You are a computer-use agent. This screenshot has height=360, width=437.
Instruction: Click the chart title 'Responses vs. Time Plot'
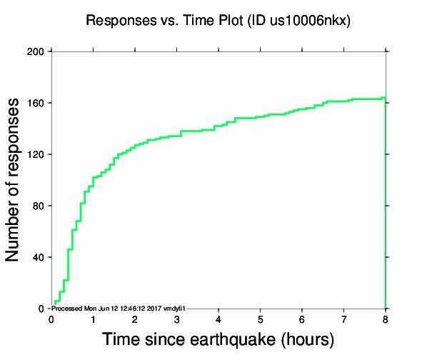click(x=165, y=21)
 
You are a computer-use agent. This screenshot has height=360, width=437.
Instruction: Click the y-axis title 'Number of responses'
click(x=14, y=180)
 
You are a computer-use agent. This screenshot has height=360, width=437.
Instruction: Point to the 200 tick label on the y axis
click(x=36, y=51)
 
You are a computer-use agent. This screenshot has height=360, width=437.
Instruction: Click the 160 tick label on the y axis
click(x=36, y=103)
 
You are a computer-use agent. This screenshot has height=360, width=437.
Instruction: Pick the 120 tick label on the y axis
click(x=36, y=154)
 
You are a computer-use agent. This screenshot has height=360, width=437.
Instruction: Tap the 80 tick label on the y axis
click(x=39, y=206)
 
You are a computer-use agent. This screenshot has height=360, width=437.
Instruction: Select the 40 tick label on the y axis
click(x=39, y=257)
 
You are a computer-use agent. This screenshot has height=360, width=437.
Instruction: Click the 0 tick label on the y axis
click(x=41, y=309)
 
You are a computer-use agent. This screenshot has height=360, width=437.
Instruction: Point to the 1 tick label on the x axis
click(x=93, y=319)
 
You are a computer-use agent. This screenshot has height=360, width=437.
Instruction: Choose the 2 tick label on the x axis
click(x=135, y=319)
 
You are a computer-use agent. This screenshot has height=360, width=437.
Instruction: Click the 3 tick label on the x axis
click(x=176, y=319)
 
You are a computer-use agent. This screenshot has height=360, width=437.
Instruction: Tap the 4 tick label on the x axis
click(x=218, y=319)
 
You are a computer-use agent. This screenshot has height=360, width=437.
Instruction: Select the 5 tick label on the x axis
click(x=260, y=319)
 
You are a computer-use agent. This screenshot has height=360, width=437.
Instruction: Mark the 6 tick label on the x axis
click(x=302, y=319)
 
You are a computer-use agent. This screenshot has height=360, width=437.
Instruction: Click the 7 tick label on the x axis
click(x=343, y=319)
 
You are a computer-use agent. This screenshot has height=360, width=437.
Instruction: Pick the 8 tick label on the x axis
click(x=386, y=319)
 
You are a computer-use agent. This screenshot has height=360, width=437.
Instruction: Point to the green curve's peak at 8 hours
click(x=384, y=98)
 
